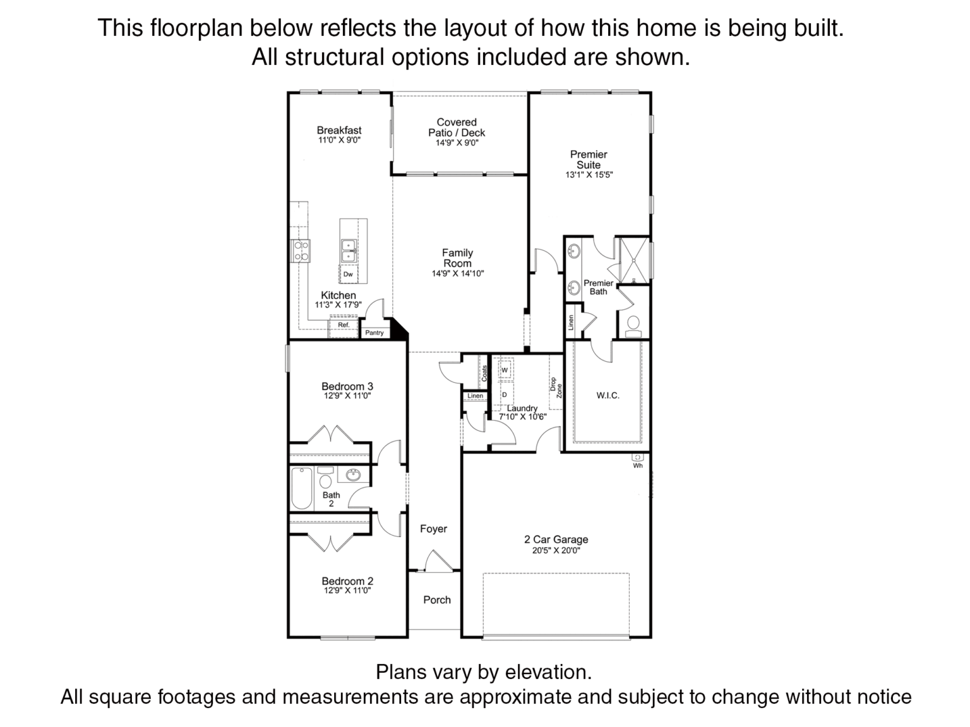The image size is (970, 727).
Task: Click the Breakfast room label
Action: (x=339, y=130)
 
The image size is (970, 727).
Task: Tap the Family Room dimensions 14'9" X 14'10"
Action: (x=458, y=274)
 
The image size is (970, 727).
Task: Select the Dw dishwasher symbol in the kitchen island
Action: (x=348, y=274)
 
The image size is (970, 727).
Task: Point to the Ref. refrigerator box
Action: (x=344, y=327)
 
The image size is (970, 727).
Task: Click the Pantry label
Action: (x=374, y=333)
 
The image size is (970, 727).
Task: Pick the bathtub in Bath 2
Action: (x=302, y=488)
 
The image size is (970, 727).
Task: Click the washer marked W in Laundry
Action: (x=504, y=370)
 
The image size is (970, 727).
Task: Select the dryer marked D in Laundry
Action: (x=504, y=394)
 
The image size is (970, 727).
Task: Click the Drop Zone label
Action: (x=556, y=387)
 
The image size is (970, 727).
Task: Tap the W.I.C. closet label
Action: (x=608, y=396)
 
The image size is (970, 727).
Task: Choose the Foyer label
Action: (x=433, y=529)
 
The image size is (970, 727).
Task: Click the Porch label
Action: (x=437, y=600)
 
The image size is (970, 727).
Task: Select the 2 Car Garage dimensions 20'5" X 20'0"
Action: (x=556, y=550)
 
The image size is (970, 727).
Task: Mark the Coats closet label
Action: (x=484, y=374)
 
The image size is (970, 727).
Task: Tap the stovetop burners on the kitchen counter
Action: (x=301, y=251)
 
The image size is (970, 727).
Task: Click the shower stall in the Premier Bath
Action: (x=634, y=261)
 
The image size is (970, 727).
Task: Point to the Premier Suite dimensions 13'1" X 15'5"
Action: (x=589, y=175)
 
